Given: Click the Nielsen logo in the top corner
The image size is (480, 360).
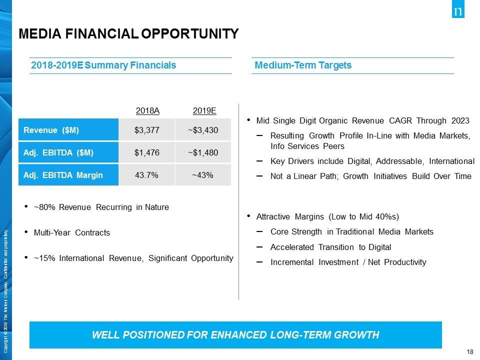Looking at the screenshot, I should click(x=458, y=11).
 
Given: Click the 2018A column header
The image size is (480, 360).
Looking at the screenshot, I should click(x=147, y=110).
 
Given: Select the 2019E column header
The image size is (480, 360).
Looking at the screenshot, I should click(x=204, y=110).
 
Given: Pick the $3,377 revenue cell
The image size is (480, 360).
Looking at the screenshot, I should click(x=147, y=130).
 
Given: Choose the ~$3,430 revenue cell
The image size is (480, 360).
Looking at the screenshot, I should click(x=203, y=130).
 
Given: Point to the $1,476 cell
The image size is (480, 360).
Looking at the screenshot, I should click(x=147, y=152).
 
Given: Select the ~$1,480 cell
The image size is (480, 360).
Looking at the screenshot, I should click(x=203, y=152).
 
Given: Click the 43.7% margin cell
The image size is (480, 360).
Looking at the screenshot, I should click(x=147, y=175).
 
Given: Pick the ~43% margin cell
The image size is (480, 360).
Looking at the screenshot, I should click(x=203, y=175).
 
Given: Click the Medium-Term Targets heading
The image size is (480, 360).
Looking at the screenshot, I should click(x=303, y=65).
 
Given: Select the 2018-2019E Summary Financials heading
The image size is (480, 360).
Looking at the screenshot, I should click(x=103, y=65).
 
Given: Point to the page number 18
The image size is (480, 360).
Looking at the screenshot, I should click(x=469, y=352).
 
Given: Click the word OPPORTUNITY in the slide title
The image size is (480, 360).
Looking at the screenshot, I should click(x=190, y=34).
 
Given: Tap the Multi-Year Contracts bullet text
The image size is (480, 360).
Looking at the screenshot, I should click(x=71, y=233).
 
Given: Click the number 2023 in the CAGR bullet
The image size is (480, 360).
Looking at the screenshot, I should click(x=459, y=121).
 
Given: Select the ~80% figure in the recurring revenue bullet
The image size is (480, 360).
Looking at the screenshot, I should click(x=44, y=207).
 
